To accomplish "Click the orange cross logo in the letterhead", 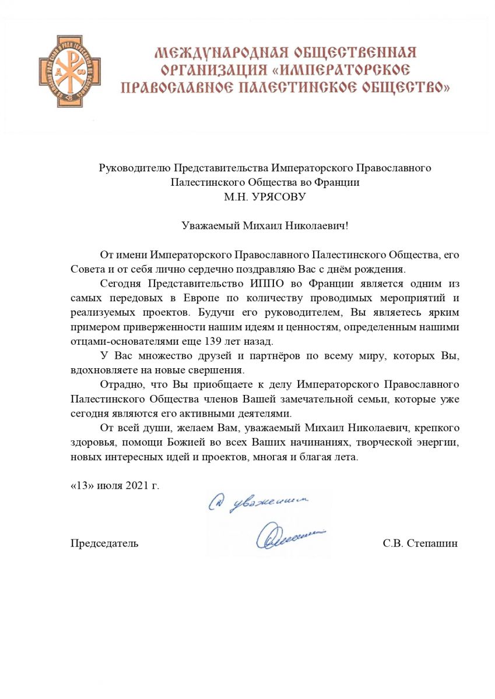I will pos(69,71).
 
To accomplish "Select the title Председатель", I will pos(104,543).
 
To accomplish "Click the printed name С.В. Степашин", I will pos(420,543).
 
